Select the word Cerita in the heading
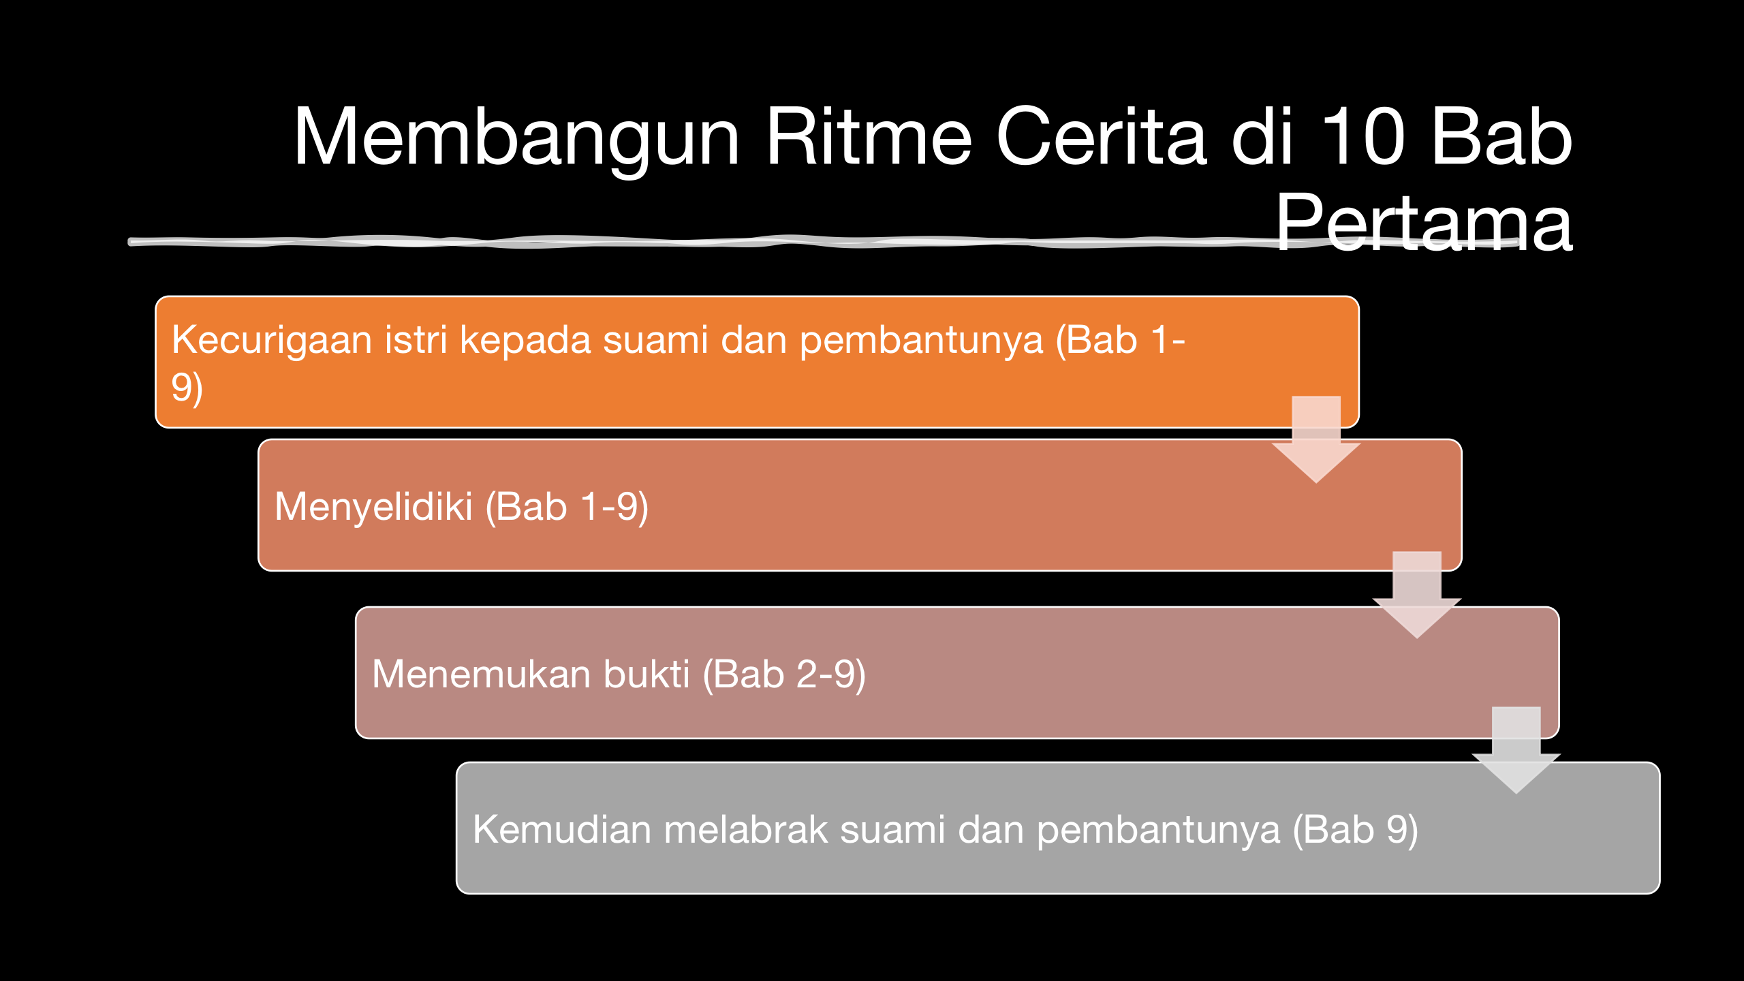click(1102, 136)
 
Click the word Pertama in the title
click(1423, 221)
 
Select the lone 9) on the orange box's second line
click(187, 389)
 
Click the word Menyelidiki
click(373, 508)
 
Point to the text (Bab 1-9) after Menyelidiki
click(567, 508)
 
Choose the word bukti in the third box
click(646, 674)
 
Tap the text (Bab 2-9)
click(783, 674)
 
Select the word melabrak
click(745, 829)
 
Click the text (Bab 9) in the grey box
click(1355, 830)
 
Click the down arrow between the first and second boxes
click(1316, 439)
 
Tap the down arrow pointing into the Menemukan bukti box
click(1417, 595)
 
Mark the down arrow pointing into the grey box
click(1516, 750)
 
